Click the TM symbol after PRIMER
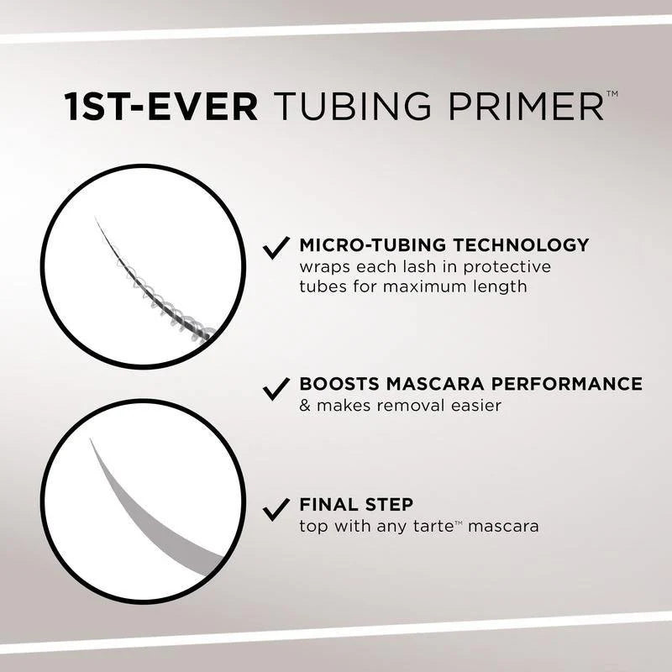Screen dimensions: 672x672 tap(612, 96)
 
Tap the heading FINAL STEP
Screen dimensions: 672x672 tap(356, 506)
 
